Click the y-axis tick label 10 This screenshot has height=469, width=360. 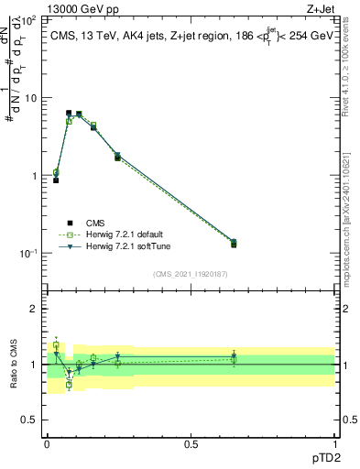tap(32, 97)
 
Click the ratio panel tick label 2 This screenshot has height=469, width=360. tap(36, 309)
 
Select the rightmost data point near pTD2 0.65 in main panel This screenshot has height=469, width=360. tap(234, 243)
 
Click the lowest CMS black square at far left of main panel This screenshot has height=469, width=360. tap(56, 180)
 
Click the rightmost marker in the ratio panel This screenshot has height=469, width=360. tap(234, 356)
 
